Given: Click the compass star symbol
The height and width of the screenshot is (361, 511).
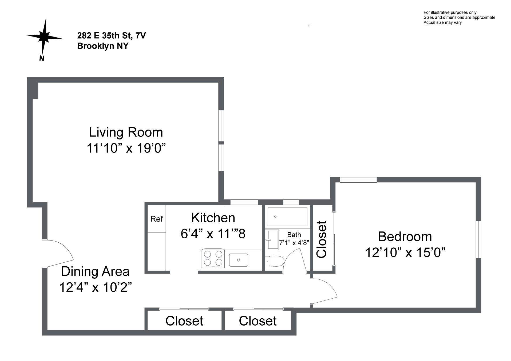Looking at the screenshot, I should click(43, 37).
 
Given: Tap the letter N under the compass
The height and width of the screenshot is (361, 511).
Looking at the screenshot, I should click(42, 58).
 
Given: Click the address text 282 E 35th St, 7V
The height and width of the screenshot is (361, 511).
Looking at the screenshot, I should click(111, 35).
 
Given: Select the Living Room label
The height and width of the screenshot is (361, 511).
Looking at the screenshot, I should click(126, 133).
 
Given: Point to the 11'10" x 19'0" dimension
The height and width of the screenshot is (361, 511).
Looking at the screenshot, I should click(126, 148).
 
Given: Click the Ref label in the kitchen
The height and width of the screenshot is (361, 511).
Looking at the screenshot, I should click(156, 219).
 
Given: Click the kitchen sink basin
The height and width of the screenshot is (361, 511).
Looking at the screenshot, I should click(239, 260).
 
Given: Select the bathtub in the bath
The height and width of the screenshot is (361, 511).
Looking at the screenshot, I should click(287, 216).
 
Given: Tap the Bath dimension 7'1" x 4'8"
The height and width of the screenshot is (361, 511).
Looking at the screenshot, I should click(294, 243).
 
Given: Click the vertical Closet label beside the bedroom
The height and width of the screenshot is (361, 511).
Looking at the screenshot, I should click(322, 239).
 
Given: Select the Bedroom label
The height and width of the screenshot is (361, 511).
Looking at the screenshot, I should click(405, 237).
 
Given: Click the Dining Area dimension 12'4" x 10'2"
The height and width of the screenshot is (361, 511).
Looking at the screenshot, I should click(96, 287).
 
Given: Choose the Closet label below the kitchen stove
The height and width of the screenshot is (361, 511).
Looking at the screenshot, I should click(258, 321).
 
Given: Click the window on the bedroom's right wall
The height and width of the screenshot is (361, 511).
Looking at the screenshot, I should click(478, 239).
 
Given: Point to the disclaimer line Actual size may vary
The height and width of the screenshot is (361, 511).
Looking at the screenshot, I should click(442, 22).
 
